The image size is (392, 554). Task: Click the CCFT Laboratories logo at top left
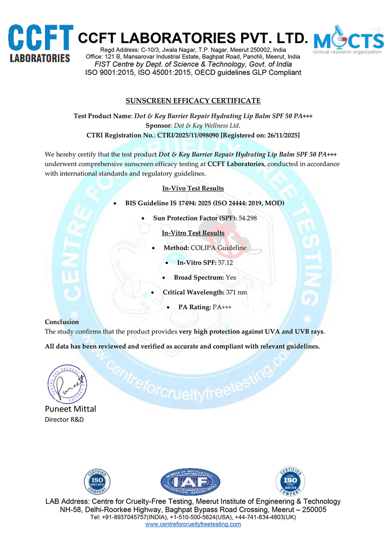41,44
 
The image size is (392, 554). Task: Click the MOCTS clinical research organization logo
348,40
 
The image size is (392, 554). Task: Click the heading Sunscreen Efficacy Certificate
193,101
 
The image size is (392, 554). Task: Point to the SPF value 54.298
247,217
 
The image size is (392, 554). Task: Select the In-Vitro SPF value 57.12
225,263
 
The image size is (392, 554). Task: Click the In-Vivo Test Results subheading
193,189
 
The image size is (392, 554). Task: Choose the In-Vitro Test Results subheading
193,233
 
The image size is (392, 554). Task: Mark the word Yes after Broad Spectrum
231,278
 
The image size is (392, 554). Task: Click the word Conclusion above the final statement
62,322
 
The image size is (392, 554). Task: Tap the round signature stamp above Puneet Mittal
67,384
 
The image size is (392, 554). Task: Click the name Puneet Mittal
71,409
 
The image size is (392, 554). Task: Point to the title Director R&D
64,420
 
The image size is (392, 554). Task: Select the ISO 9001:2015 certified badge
97,482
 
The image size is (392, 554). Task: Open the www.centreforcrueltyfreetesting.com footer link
193,524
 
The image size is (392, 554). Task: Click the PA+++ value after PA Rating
221,308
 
